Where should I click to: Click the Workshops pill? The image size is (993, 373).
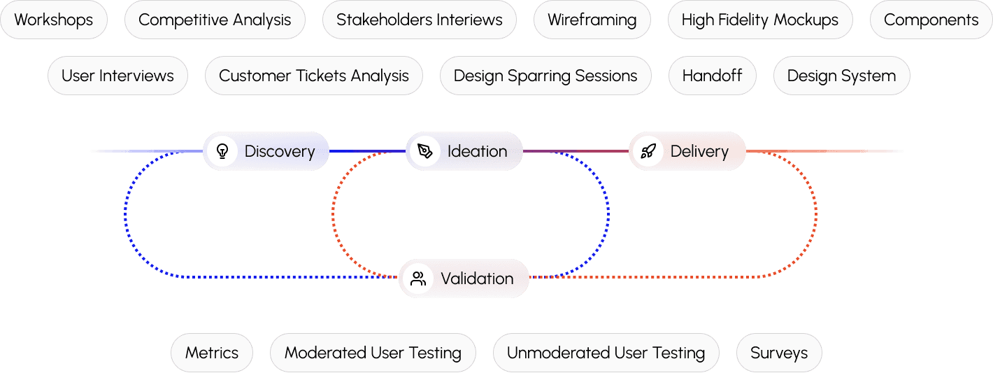[x=54, y=20]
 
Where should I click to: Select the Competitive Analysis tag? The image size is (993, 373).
[x=215, y=20]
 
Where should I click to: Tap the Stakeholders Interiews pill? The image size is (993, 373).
[x=419, y=20]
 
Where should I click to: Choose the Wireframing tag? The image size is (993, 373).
[x=592, y=20]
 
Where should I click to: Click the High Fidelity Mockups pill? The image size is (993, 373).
[x=759, y=20]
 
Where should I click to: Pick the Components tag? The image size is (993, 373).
[x=931, y=20]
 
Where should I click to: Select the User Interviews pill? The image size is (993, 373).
[x=117, y=76]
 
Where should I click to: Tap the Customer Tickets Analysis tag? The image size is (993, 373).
[x=313, y=76]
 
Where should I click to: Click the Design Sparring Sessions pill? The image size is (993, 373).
[x=545, y=76]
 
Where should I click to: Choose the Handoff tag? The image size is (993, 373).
[x=712, y=76]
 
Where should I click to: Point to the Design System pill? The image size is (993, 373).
[x=841, y=76]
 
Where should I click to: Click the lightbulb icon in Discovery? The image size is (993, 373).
[x=222, y=151]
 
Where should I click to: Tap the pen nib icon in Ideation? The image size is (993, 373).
[x=424, y=151]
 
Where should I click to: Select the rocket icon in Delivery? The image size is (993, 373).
[x=648, y=151]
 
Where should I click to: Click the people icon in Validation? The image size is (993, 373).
[x=418, y=279]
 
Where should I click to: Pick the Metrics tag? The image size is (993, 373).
[x=211, y=353]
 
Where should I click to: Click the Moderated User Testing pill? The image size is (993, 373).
[x=373, y=353]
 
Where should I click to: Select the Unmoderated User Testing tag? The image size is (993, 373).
[x=606, y=353]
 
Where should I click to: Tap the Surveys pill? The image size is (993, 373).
[x=779, y=353]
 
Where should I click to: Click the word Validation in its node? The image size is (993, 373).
[x=477, y=279]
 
